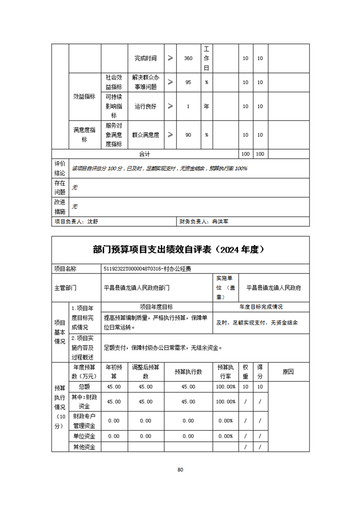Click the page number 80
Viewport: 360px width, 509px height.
(180, 470)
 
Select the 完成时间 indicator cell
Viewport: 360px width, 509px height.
(145, 59)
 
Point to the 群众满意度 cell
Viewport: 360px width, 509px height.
(145, 135)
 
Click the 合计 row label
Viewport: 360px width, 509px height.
(145, 154)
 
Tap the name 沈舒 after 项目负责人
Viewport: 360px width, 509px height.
(93, 222)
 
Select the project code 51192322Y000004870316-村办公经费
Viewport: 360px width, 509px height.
(148, 269)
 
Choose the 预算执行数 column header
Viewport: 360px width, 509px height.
(188, 372)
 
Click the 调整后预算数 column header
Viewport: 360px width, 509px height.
(146, 372)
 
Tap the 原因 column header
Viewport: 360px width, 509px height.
(288, 372)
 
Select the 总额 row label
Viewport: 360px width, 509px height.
(84, 387)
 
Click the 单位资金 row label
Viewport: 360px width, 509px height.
(84, 436)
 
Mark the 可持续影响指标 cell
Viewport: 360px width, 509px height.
(113, 107)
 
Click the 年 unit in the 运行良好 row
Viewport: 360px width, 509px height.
(206, 107)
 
